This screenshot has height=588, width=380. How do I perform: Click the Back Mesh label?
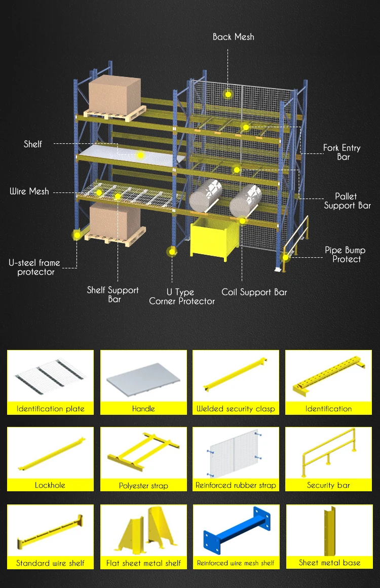[233, 37]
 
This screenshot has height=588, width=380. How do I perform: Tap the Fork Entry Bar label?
[342, 152]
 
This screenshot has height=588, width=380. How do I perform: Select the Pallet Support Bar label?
[348, 201]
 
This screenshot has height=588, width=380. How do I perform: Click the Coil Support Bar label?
[254, 292]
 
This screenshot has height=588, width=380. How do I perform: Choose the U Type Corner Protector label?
[182, 297]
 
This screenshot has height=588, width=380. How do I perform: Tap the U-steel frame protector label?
[34, 267]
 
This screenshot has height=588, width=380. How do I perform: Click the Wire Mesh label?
[29, 191]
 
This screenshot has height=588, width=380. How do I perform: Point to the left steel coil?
[206, 194]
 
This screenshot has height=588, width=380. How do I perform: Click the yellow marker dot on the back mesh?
[229, 94]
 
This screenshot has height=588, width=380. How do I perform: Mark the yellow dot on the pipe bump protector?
[285, 257]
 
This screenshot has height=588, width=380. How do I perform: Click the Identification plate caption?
[51, 409]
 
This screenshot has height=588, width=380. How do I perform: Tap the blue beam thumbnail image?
[236, 534]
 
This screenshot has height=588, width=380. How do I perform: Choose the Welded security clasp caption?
[236, 409]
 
